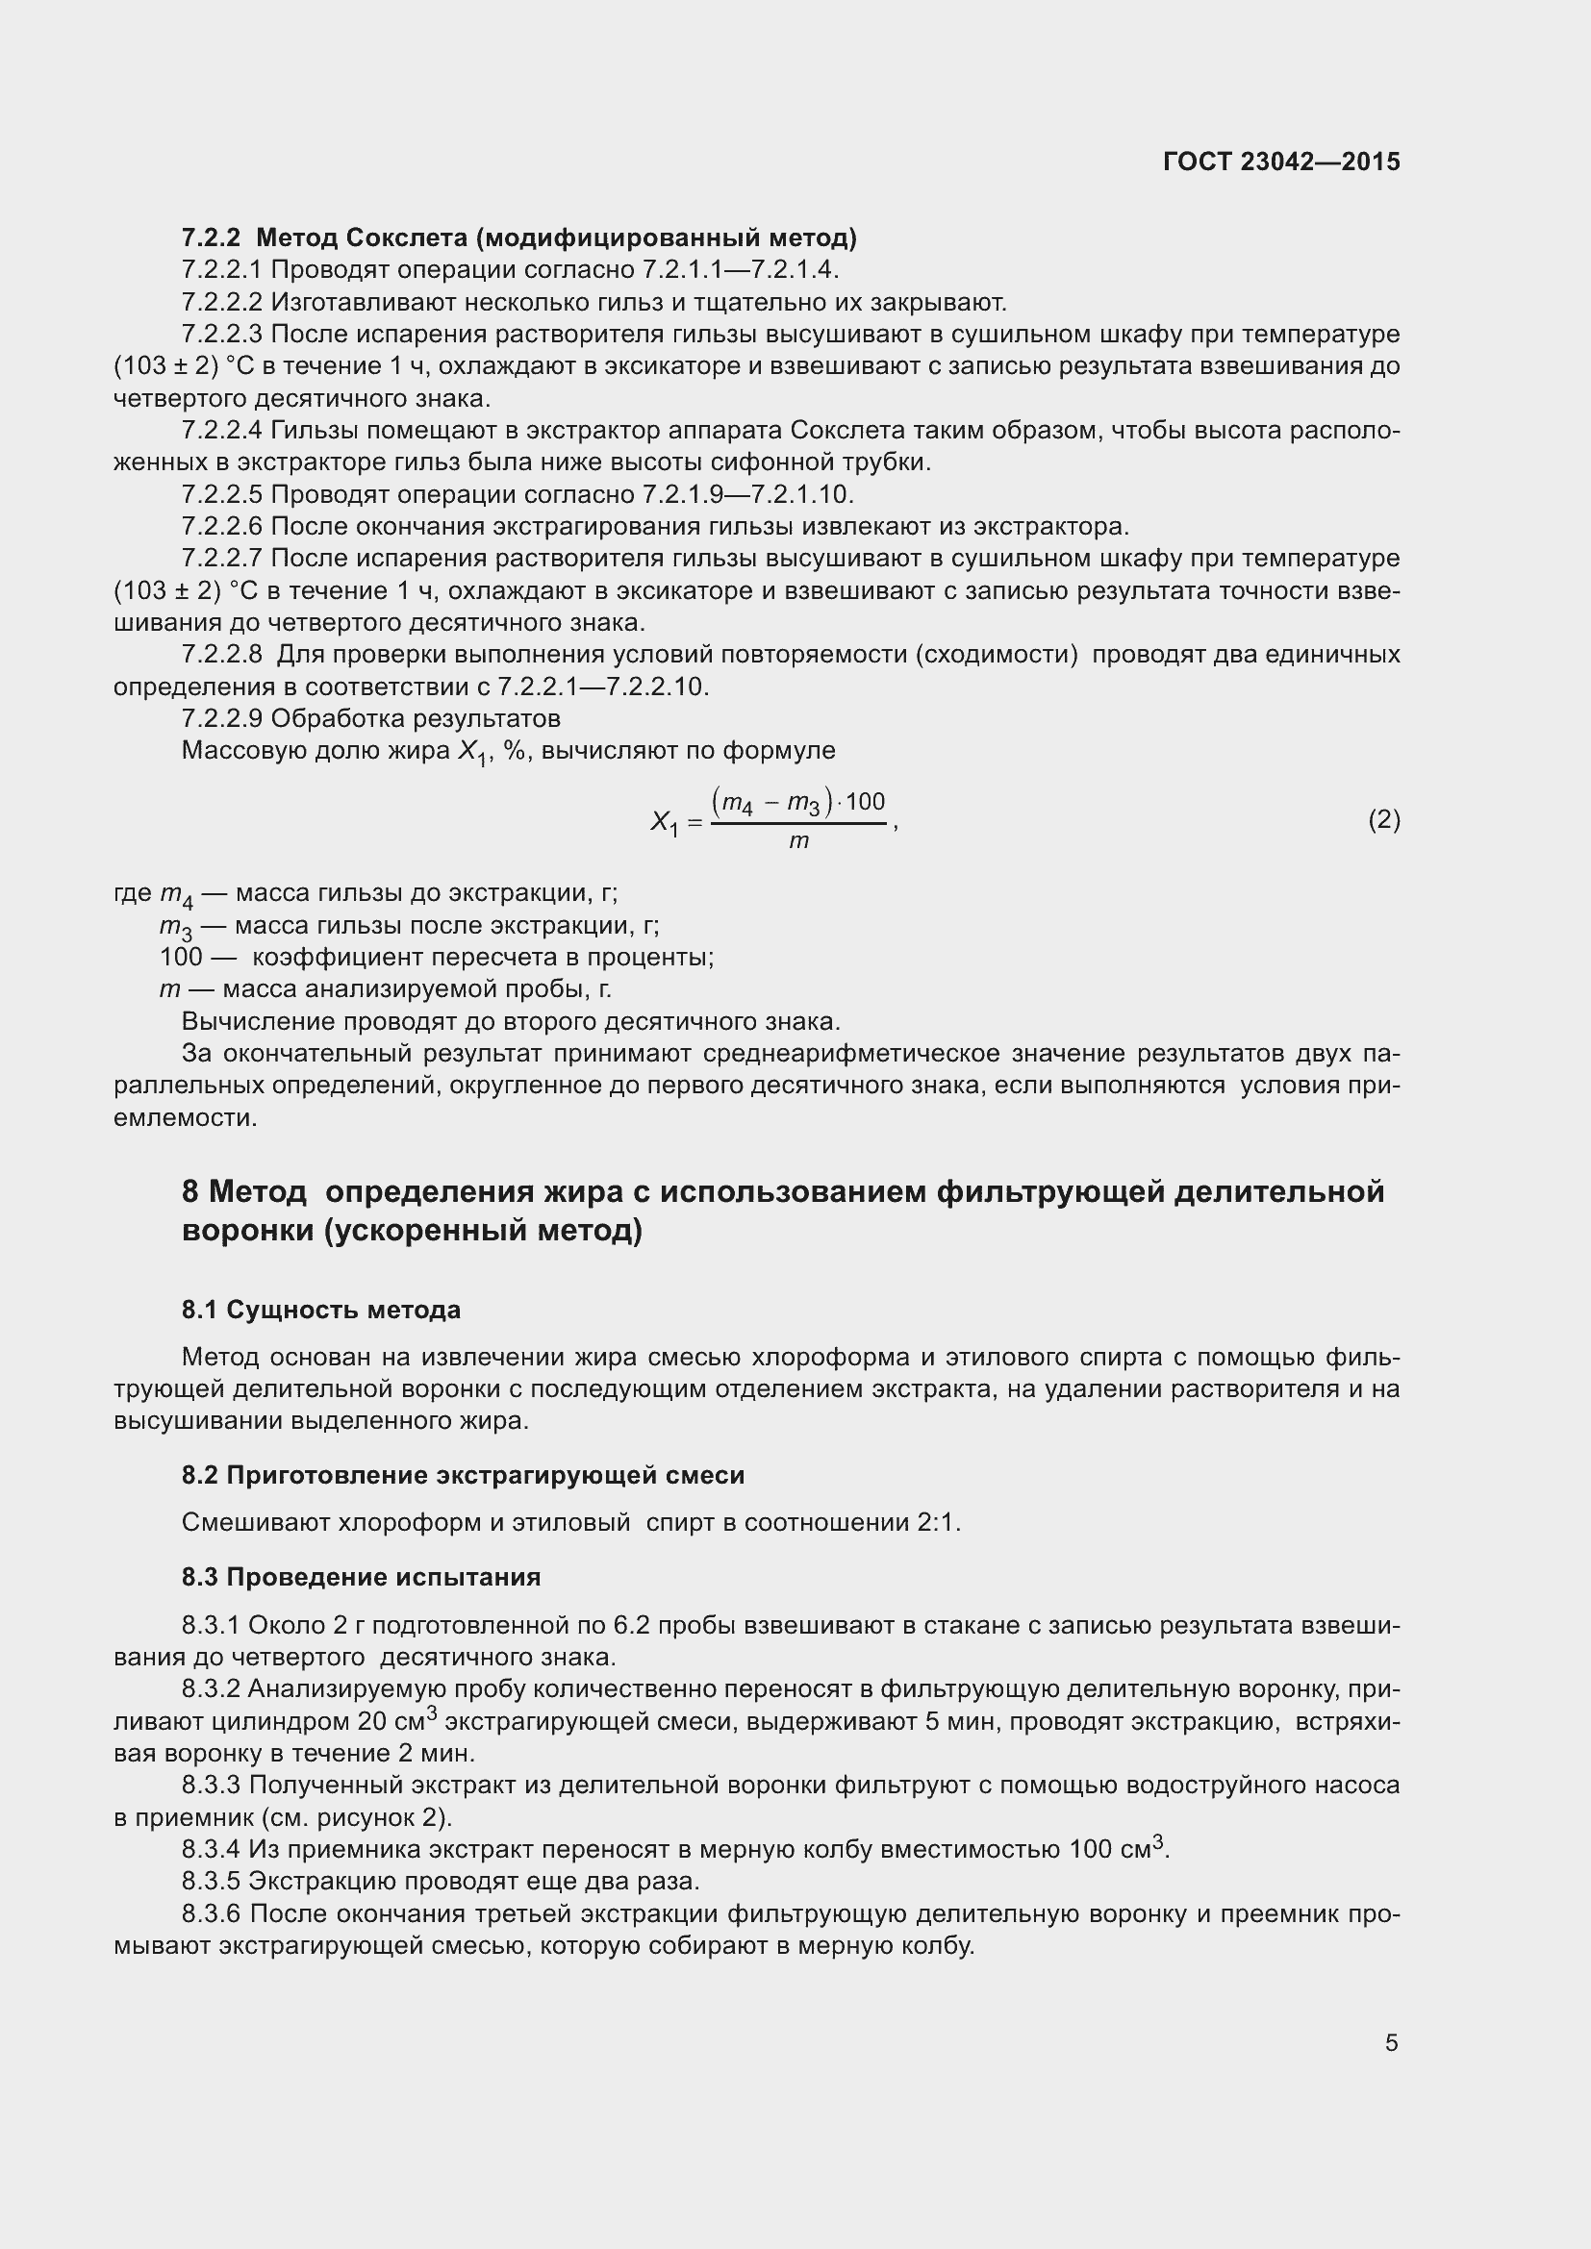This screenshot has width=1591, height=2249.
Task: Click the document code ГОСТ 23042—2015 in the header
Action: click(1280, 162)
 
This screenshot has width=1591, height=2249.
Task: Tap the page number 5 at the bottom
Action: click(1391, 2042)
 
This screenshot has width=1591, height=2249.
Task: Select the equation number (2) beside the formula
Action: click(1383, 820)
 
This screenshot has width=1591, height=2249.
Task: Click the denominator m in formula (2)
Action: click(798, 841)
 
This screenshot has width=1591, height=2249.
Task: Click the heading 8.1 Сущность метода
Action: click(320, 1310)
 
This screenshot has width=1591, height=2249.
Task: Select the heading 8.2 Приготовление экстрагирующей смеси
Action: click(463, 1475)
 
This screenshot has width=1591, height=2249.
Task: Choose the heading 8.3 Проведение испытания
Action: click(361, 1577)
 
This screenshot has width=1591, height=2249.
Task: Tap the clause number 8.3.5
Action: click(211, 1881)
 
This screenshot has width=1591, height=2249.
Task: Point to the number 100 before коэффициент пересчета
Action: click(181, 957)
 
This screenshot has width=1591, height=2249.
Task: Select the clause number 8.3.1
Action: click(211, 1625)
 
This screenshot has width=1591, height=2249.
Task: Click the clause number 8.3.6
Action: click(211, 1913)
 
